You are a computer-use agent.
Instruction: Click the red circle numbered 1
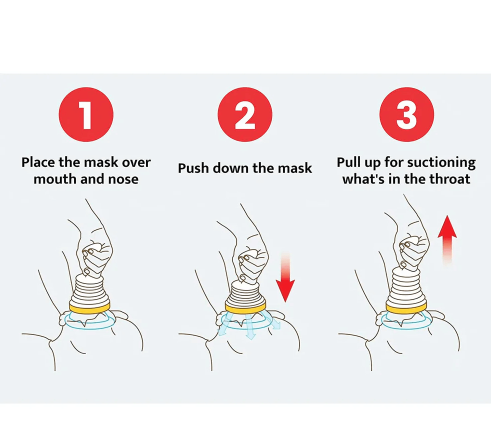pyautogui.click(x=86, y=114)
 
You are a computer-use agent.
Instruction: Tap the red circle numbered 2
pyautogui.click(x=245, y=114)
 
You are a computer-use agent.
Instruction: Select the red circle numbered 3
pyautogui.click(x=407, y=114)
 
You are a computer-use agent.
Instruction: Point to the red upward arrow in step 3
pyautogui.click(x=447, y=239)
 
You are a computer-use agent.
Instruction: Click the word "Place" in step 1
pyautogui.click(x=38, y=162)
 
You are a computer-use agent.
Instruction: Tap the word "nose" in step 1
pyautogui.click(x=123, y=179)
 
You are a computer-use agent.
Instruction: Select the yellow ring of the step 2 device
pyautogui.click(x=245, y=307)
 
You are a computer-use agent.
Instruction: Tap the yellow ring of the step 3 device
pyautogui.click(x=406, y=307)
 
